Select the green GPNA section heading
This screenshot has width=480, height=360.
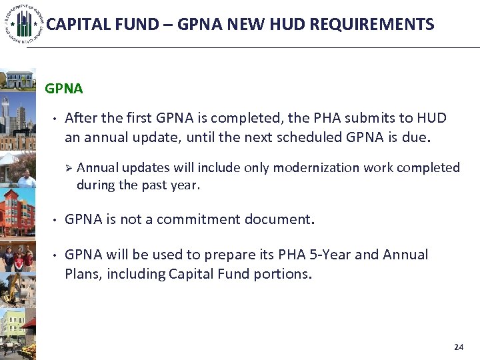[x=64, y=89]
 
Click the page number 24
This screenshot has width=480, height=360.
[x=458, y=347]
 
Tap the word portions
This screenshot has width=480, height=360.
[x=281, y=273]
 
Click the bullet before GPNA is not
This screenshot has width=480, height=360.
[x=53, y=219]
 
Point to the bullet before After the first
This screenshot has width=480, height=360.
[x=53, y=118]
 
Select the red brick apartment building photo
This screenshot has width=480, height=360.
[x=18, y=213]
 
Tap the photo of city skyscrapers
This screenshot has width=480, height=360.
[x=18, y=119]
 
